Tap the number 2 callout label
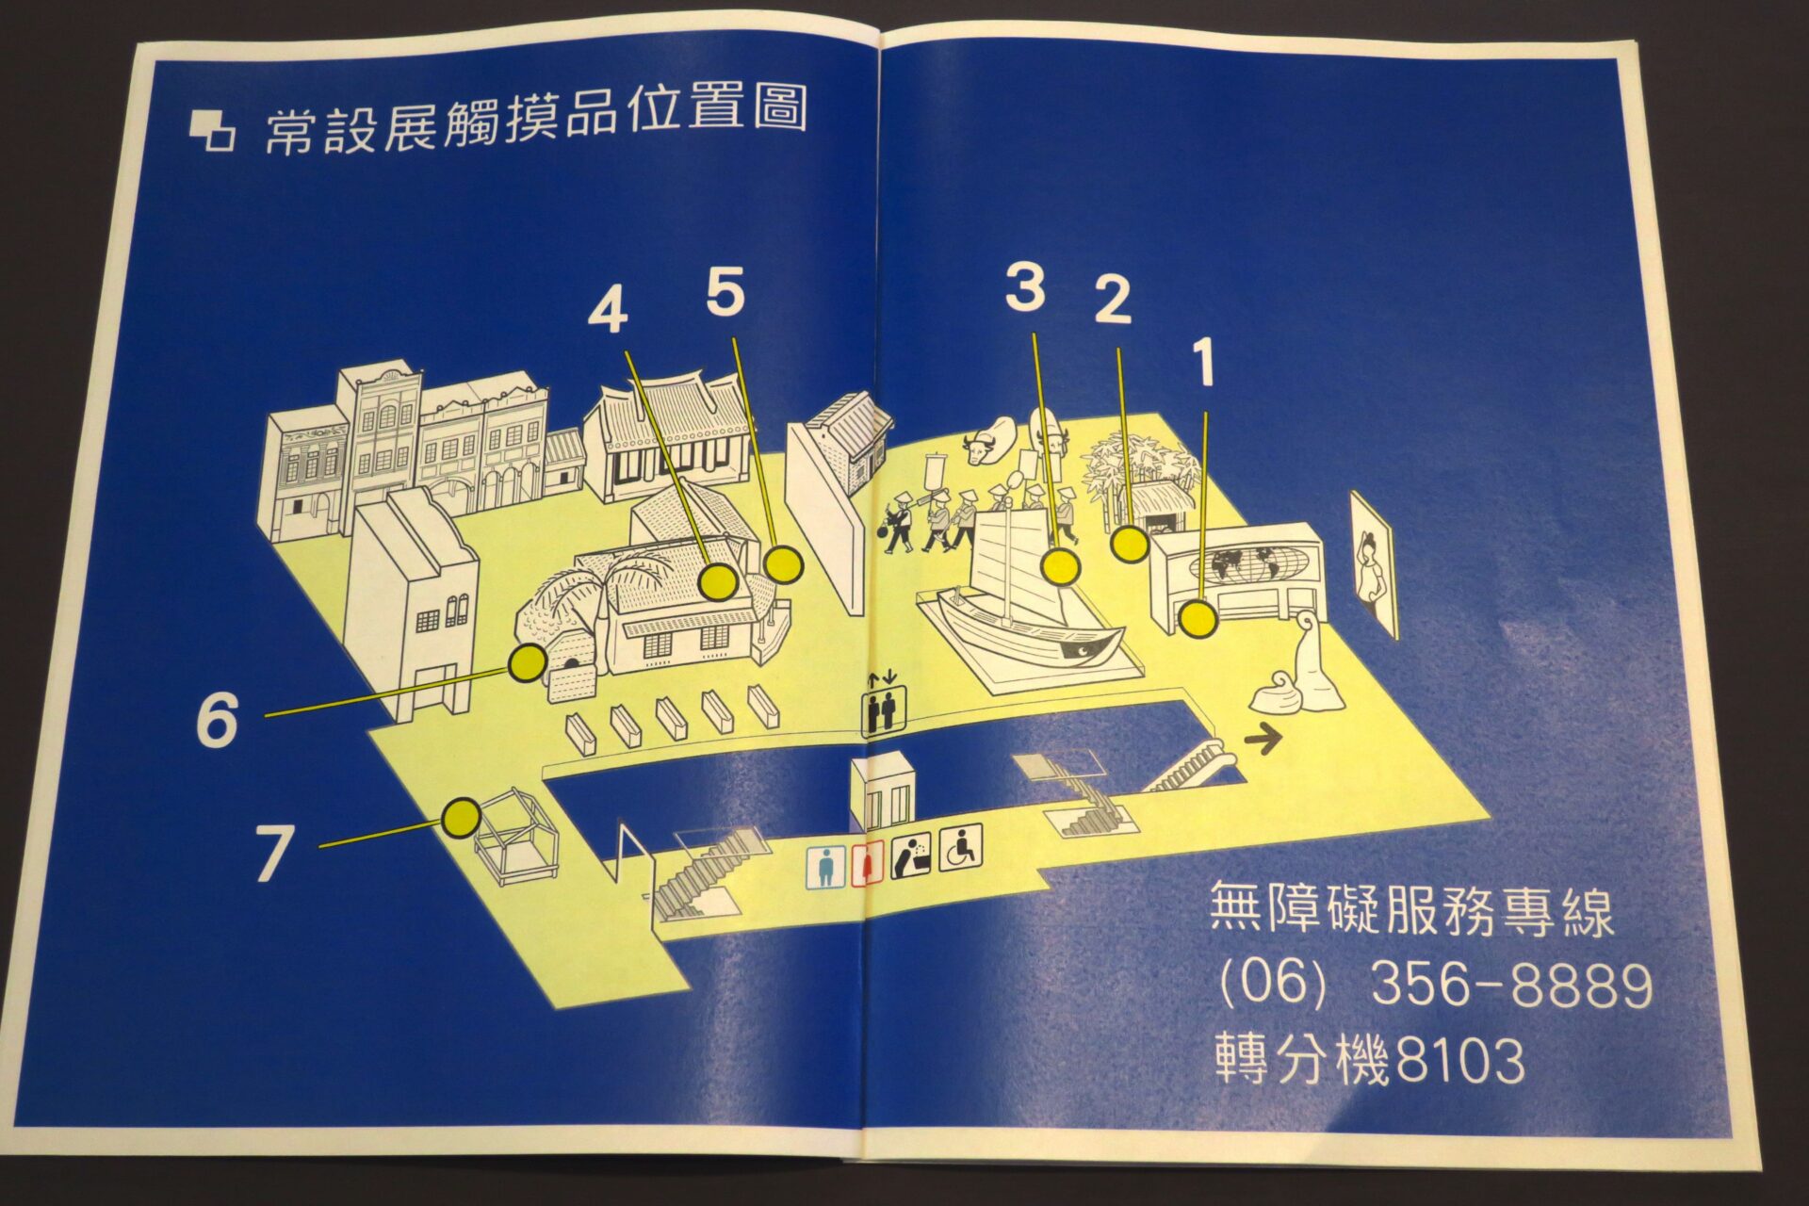tap(1113, 301)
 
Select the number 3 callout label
tap(1025, 287)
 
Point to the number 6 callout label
tap(218, 721)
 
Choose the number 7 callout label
tap(274, 854)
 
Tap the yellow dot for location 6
tap(528, 664)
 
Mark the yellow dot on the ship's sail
tap(1061, 567)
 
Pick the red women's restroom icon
tap(865, 864)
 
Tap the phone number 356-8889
tap(1511, 986)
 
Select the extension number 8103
tap(1459, 1060)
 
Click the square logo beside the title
tap(212, 131)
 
